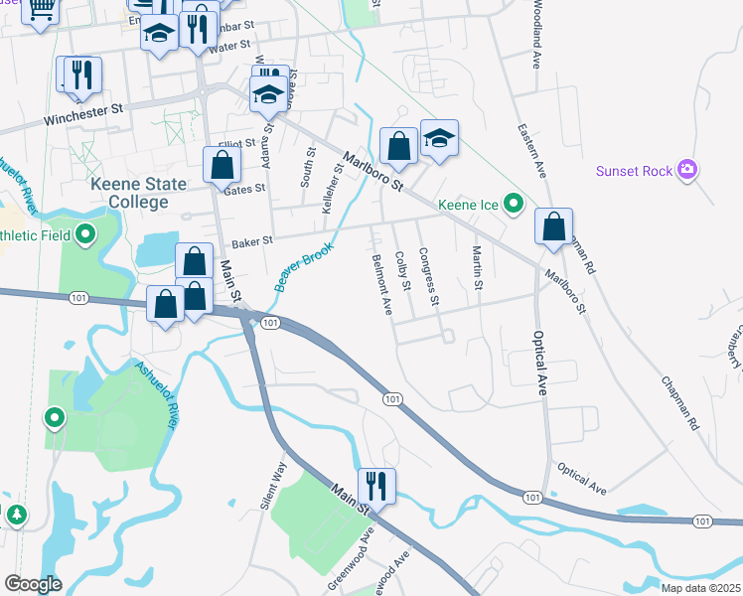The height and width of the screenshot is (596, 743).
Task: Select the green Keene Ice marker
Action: (513, 205)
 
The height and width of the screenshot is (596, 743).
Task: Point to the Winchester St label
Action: (82, 115)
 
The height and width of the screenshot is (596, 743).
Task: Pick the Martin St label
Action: (477, 268)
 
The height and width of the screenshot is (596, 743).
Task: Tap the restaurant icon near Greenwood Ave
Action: (376, 486)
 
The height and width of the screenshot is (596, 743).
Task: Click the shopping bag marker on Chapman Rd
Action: (553, 226)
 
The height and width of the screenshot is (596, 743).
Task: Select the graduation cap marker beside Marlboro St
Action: (438, 138)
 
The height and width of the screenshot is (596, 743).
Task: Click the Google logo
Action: (33, 583)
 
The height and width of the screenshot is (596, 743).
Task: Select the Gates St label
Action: (245, 188)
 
